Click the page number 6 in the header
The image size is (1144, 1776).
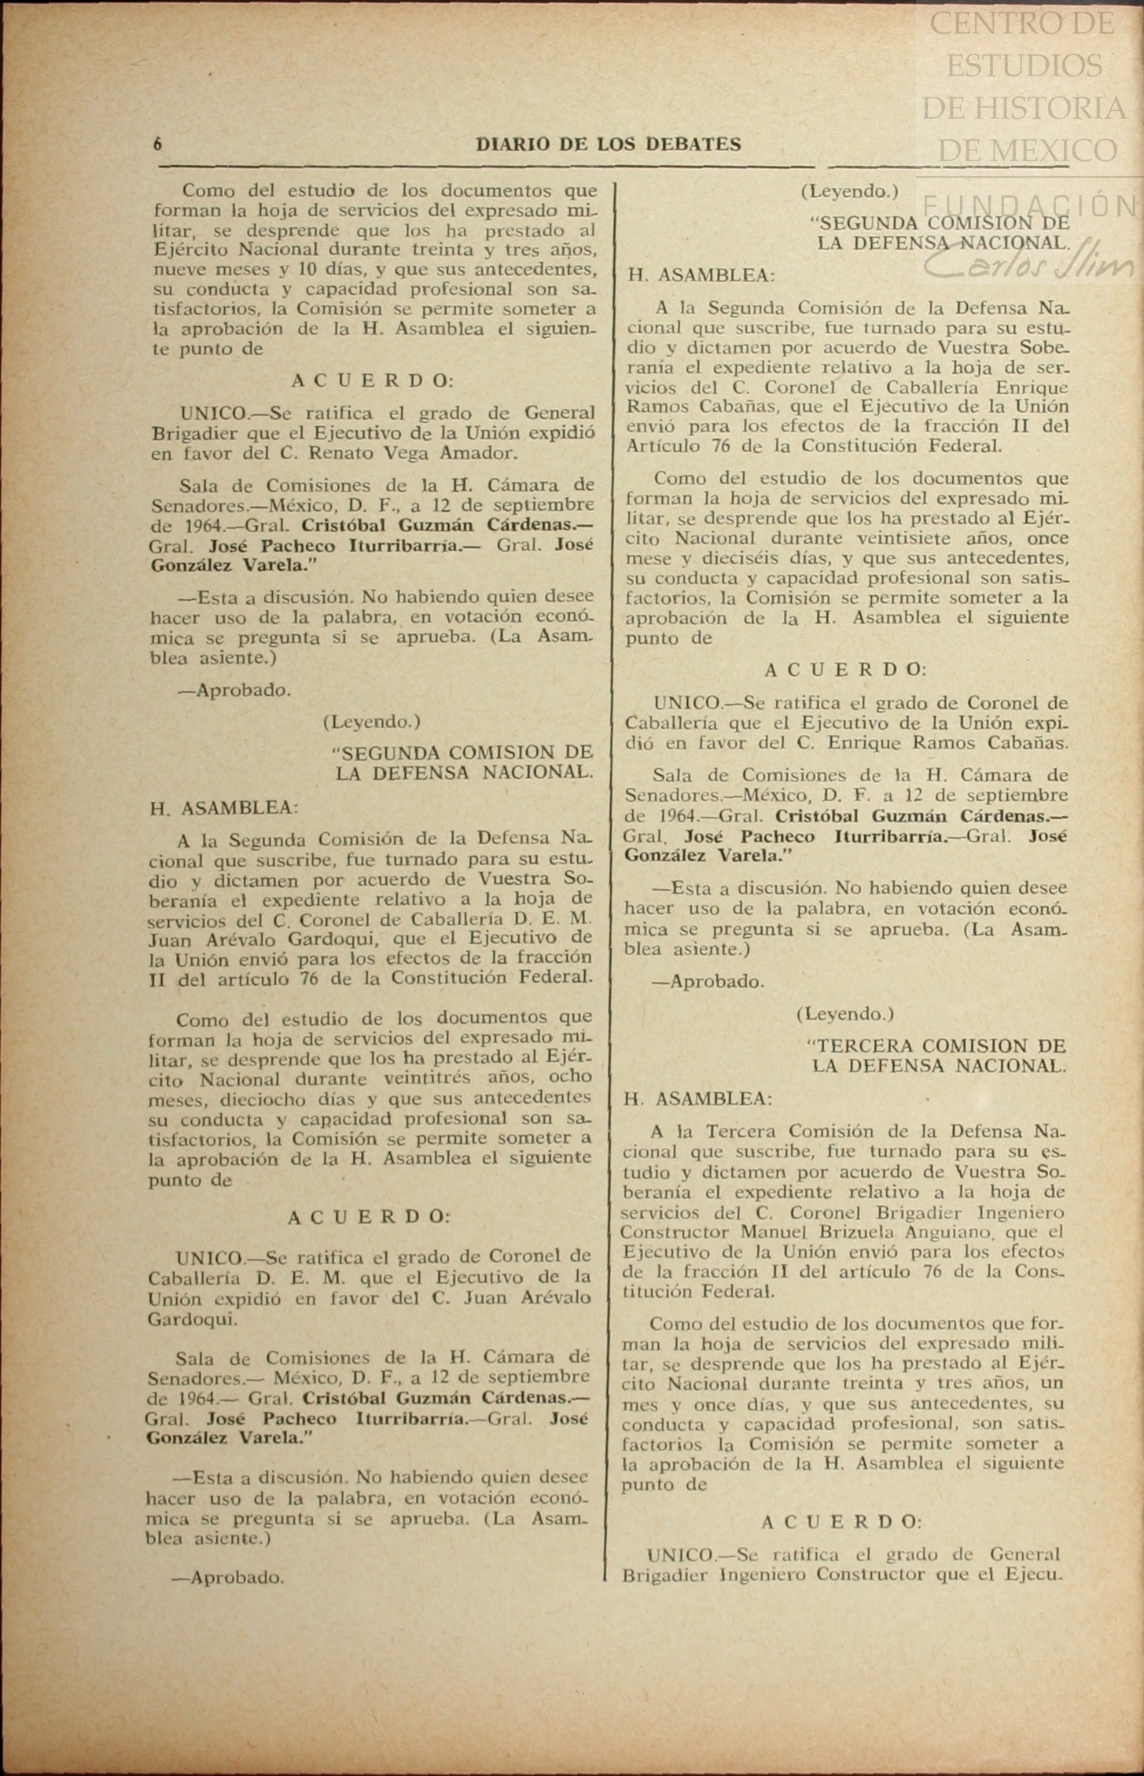(158, 144)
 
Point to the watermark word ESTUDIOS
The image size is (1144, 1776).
(1024, 65)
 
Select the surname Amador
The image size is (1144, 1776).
(487, 453)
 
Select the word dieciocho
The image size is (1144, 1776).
(269, 1098)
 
